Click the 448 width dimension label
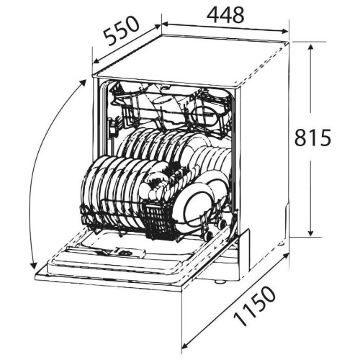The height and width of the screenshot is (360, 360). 225,15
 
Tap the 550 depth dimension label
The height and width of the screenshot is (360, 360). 121,31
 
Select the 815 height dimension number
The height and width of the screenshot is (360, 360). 312,138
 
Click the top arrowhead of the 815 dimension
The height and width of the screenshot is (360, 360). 310,47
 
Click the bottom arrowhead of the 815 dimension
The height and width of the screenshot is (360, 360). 310,233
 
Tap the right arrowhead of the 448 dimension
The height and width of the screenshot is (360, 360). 285,31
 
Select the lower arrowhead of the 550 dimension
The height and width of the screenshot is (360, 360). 96,61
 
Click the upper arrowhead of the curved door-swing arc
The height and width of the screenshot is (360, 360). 84,83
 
